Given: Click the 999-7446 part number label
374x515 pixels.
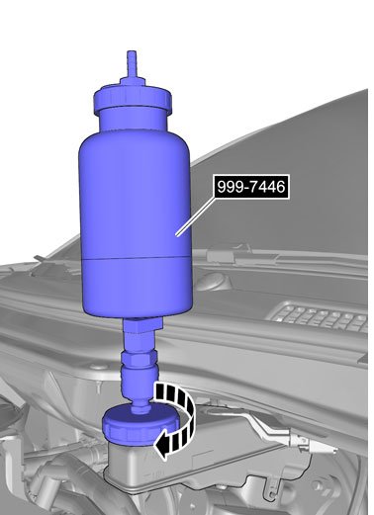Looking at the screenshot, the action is click(251, 187).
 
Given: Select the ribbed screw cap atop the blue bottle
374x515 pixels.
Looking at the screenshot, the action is click(133, 99).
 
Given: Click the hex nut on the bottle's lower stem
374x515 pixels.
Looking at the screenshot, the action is click(139, 358).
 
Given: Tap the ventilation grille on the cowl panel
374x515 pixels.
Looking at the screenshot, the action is click(319, 316).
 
